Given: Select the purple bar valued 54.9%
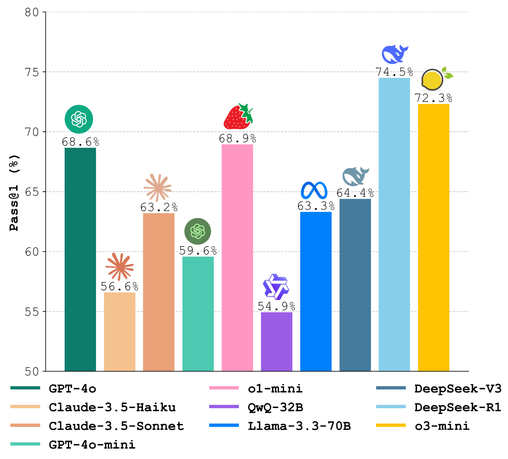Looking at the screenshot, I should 277,341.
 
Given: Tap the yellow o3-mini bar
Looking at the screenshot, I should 433,237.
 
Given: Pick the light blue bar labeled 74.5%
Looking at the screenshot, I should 394,224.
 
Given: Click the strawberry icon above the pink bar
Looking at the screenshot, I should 238,116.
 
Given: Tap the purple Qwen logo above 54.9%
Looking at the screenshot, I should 276,287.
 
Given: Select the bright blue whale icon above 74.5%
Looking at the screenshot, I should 395,54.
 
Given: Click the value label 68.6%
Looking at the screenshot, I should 81,142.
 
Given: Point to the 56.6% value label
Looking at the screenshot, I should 119,287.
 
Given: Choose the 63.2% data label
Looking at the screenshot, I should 159,207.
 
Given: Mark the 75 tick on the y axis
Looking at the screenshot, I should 32,72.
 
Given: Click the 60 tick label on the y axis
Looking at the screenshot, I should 32,252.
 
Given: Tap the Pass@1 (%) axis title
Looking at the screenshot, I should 14,192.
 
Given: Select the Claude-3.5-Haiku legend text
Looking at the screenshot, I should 112,407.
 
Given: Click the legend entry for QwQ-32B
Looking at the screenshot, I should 275,407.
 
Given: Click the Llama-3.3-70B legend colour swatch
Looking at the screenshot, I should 224,425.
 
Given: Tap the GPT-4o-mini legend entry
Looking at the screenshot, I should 92,445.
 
